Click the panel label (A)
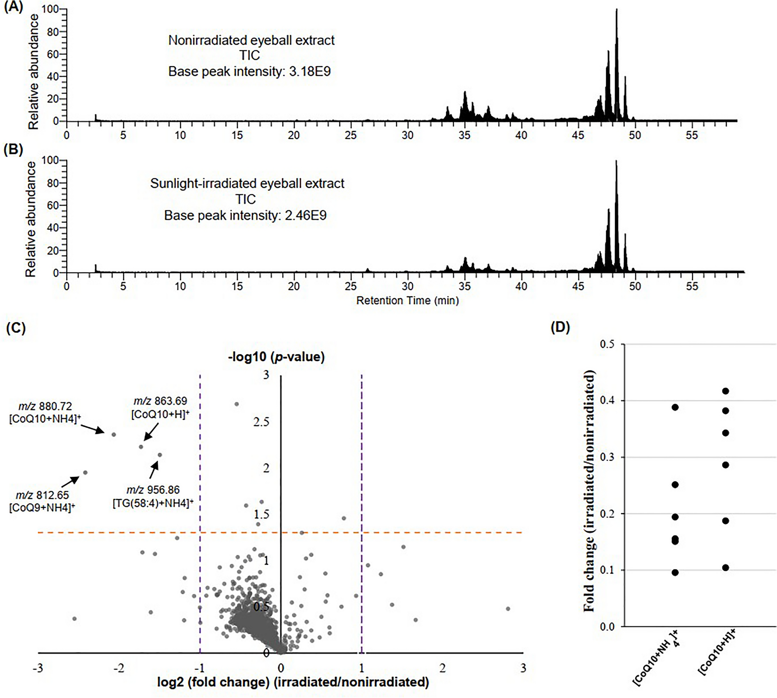(x=14, y=7)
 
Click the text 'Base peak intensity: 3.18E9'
(x=249, y=72)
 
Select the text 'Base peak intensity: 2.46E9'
(x=245, y=215)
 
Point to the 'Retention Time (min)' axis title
(x=407, y=301)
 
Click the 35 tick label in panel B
(x=464, y=287)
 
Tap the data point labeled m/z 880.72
(x=114, y=435)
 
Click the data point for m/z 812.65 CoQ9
(x=85, y=473)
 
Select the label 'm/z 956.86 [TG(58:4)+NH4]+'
(x=153, y=497)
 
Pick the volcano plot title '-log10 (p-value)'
(x=276, y=356)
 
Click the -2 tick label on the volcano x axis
(x=119, y=668)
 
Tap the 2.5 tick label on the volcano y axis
(x=261, y=422)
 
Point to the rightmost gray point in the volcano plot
(x=508, y=609)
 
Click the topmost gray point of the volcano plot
(x=236, y=404)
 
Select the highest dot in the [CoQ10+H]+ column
(x=725, y=391)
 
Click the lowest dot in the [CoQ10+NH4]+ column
(x=675, y=572)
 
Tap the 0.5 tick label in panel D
(x=607, y=344)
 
